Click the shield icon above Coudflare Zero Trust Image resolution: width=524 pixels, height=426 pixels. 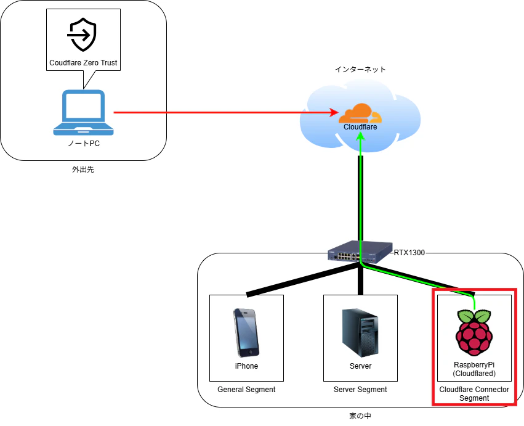pos(83,35)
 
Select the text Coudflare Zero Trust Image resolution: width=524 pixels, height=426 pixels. pos(83,63)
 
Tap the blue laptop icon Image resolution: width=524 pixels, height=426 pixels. pos(84,112)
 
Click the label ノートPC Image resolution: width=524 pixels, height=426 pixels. pos(84,144)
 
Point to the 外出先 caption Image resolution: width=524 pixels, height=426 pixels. pos(83,170)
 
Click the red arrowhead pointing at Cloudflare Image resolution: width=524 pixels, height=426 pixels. pos(334,112)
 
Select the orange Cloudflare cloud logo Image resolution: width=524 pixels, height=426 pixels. pos(360,114)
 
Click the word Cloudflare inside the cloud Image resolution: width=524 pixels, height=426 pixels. pos(360,127)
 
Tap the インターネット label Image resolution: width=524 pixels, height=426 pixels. pos(360,69)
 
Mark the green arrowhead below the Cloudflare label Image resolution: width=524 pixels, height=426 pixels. pos(360,136)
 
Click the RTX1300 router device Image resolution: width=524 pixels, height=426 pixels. pos(360,252)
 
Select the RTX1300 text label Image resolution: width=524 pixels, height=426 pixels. pos(409,253)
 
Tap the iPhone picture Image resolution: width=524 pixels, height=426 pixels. pos(246,333)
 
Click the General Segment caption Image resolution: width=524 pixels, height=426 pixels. pos(246,390)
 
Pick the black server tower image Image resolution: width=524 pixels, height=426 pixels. pos(360,333)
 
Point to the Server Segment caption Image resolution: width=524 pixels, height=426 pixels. pos(360,390)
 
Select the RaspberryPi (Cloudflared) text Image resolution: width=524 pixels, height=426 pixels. pos(474,369)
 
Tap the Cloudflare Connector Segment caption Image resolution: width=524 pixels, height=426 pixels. pos(474,393)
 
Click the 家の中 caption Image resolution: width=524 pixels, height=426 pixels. pos(360,416)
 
